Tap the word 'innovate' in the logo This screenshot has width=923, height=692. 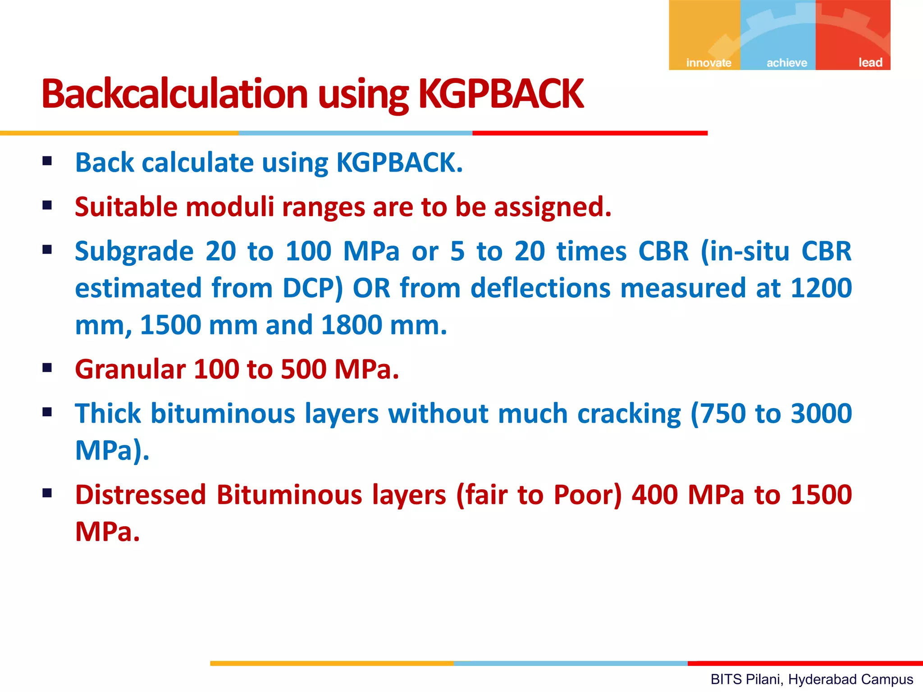click(708, 63)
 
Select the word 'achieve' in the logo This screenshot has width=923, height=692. click(786, 63)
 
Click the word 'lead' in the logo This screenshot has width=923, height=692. click(870, 62)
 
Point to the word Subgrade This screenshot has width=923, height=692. click(134, 251)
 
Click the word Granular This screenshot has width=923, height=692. click(130, 369)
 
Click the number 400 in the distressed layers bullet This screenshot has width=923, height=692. click(655, 495)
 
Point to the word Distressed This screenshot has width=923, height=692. click(141, 495)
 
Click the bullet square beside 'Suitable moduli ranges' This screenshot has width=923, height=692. click(47, 205)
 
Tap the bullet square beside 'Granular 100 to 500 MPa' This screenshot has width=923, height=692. click(47, 368)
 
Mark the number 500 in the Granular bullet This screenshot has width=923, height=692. click(303, 369)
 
